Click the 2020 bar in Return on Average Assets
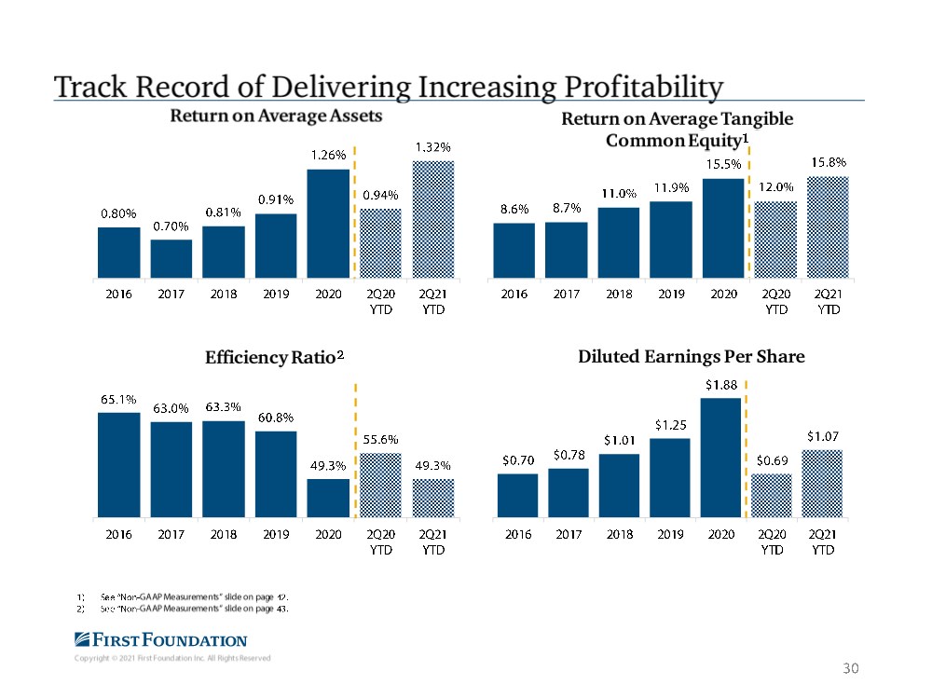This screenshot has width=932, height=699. (x=328, y=223)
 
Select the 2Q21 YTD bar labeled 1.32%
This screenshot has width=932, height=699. (x=432, y=219)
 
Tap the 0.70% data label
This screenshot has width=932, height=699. (x=171, y=226)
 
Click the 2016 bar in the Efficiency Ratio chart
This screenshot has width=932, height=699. (x=118, y=463)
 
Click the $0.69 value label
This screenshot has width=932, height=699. (x=772, y=461)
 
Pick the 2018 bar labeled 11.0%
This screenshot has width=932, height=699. (x=619, y=242)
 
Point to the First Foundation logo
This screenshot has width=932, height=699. (x=159, y=640)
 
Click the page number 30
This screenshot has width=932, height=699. (x=848, y=667)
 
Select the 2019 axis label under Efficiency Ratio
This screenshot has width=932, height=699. (x=275, y=536)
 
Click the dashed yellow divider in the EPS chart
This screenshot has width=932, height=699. (x=747, y=447)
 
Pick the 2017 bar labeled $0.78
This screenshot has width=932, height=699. (x=568, y=491)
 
